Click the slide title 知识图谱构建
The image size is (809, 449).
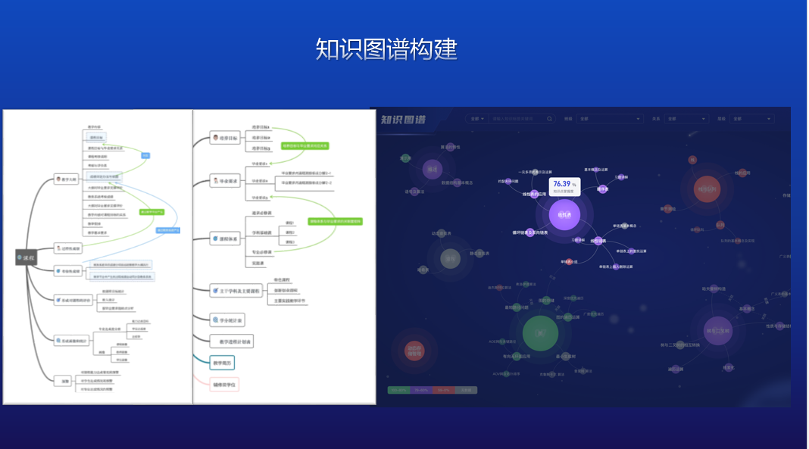[x=386, y=49]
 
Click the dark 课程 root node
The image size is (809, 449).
[x=26, y=258]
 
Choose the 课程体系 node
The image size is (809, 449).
[x=225, y=239]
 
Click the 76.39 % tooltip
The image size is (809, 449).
[x=564, y=186]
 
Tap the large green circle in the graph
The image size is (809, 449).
[x=540, y=333]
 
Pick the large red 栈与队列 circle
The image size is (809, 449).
[x=708, y=189]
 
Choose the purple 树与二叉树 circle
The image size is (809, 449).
[x=717, y=331]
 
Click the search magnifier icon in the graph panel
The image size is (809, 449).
[x=550, y=119]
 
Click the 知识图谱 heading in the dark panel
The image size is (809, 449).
[x=403, y=120]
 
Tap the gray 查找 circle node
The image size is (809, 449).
[x=450, y=259]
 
